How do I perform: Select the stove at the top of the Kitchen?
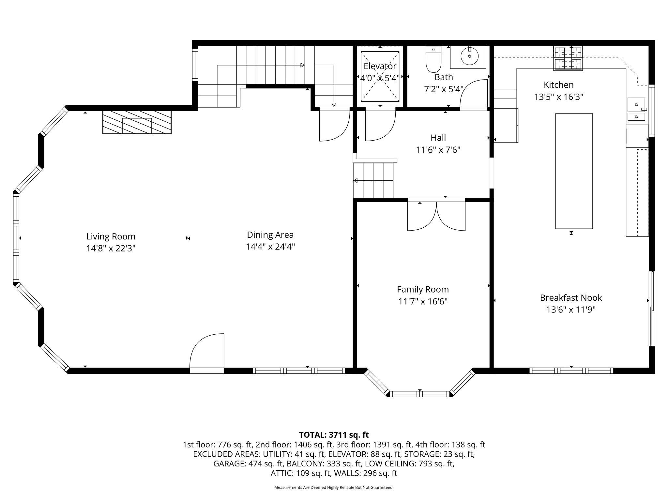pos(568,58)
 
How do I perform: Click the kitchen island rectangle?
pos(574,171)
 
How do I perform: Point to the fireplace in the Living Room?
pos(137,122)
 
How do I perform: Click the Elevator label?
pos(380,66)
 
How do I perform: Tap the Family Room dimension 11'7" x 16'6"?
pos(423,301)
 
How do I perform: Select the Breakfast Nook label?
pos(571,297)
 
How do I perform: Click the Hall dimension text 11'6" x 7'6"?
pos(438,150)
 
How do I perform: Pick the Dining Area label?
pos(270,235)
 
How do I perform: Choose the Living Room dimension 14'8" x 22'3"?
pos(111,248)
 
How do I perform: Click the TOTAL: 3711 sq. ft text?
pos(334,435)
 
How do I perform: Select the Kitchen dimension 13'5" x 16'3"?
pos(558,97)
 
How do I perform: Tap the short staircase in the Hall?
pos(373,180)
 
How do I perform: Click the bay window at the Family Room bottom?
pos(420,384)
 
